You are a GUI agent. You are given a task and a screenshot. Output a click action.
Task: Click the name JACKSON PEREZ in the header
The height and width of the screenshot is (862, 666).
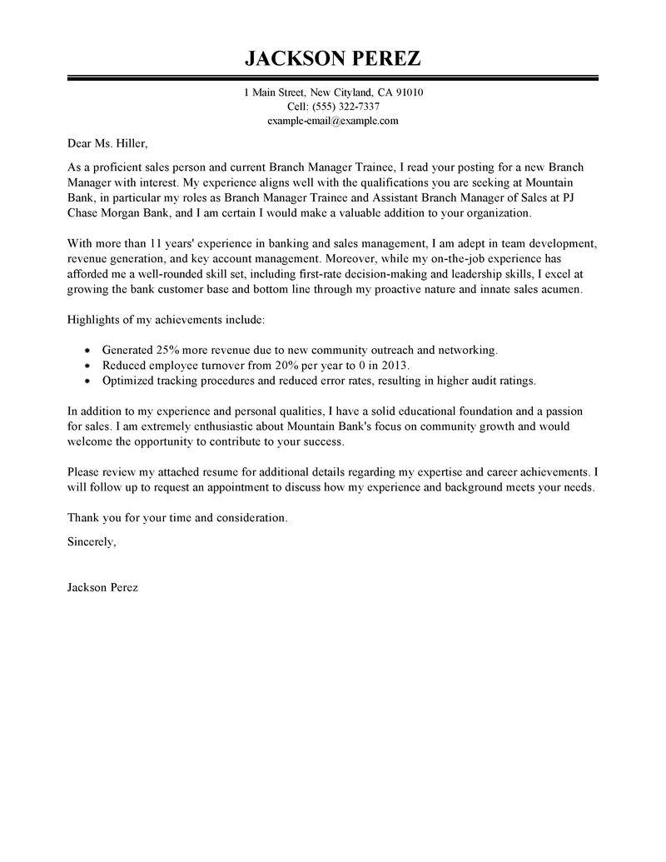click(x=332, y=58)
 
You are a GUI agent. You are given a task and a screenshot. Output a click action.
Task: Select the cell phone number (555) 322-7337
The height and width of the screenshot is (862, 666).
click(x=345, y=107)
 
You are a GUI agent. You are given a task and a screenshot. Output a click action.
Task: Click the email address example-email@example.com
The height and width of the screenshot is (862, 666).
click(x=333, y=120)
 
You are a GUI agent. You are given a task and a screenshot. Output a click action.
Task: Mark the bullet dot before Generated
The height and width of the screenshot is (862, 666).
click(x=88, y=351)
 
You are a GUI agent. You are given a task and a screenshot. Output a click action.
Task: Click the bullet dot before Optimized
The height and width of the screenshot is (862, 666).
click(x=88, y=381)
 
